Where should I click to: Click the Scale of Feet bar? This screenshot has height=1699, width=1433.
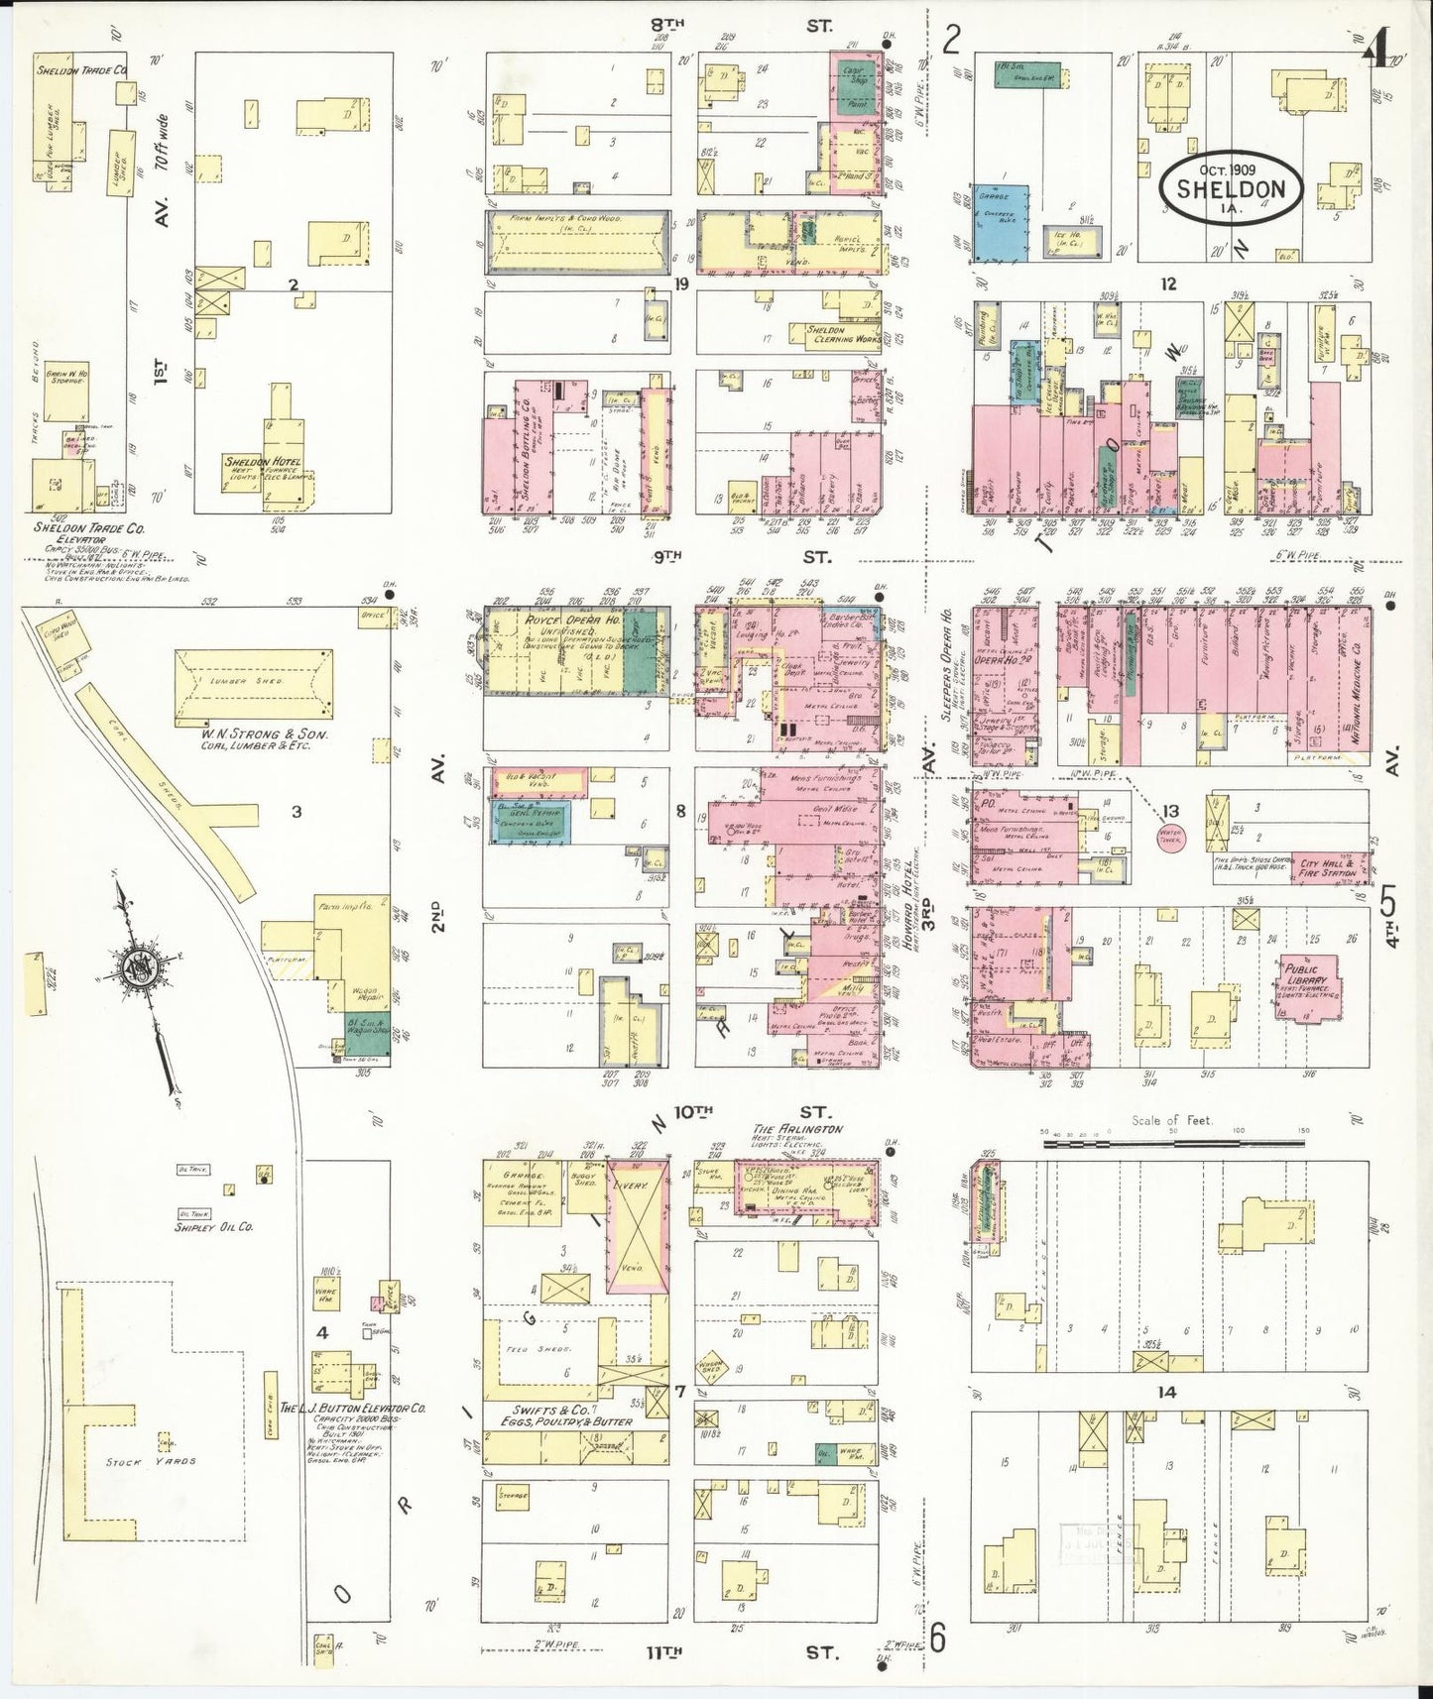pyautogui.click(x=1175, y=1143)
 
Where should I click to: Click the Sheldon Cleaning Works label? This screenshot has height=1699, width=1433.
pyautogui.click(x=835, y=334)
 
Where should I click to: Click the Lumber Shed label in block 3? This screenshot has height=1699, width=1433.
pyautogui.click(x=255, y=683)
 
